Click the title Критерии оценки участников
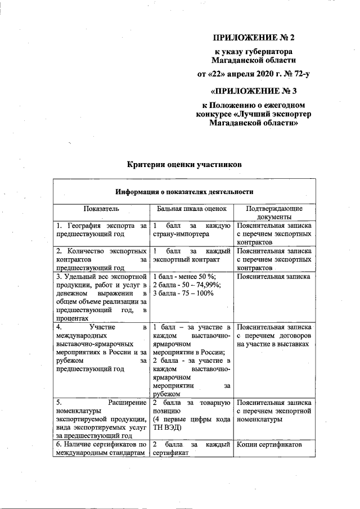point(184,165)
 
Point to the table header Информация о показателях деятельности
point(184,192)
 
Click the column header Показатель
point(101,209)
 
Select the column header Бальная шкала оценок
point(192,209)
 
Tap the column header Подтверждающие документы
point(274,213)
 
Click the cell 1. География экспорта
point(102,229)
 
